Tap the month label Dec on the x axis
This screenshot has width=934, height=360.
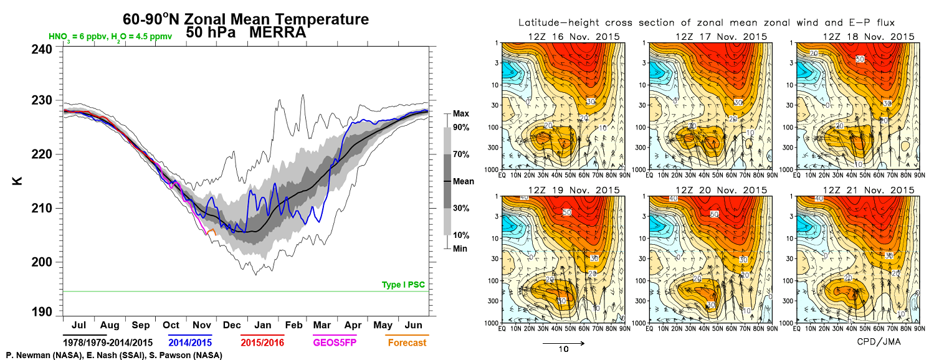232,326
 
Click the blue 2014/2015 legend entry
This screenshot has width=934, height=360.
189,343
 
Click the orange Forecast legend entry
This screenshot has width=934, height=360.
407,343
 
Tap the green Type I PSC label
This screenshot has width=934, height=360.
404,285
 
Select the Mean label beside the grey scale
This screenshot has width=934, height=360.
463,181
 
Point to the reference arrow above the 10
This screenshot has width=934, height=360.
563,342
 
